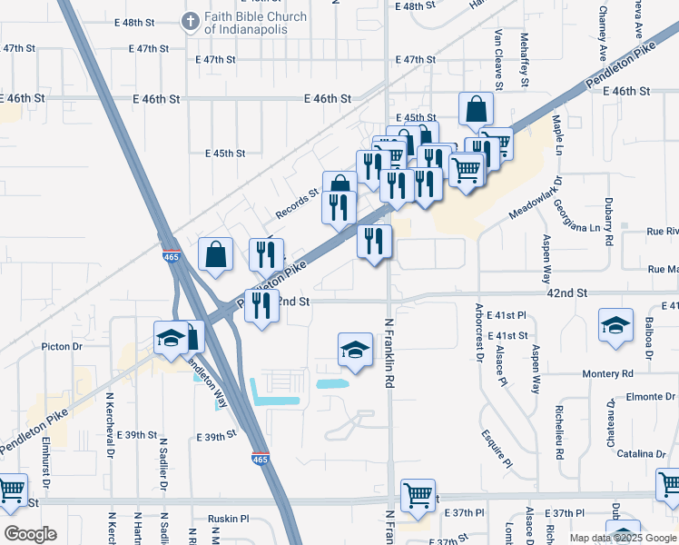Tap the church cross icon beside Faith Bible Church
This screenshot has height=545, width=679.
click(191, 20)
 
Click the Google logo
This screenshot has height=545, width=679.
click(30, 534)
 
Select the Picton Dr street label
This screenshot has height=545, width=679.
click(62, 346)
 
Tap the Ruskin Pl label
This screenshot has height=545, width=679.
click(228, 519)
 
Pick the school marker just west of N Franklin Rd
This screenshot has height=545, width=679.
click(355, 350)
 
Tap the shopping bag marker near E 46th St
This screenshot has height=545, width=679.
click(476, 110)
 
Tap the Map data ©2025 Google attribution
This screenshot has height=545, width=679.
click(620, 538)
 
